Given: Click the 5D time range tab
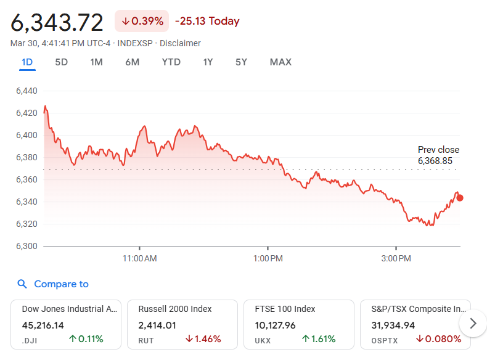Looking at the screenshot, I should click(x=61, y=62).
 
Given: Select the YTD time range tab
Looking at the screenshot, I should click(x=171, y=62).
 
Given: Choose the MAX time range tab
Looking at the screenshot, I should click(x=280, y=62).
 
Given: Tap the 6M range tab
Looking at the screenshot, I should click(x=132, y=62).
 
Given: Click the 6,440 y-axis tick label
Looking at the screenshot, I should click(x=27, y=91).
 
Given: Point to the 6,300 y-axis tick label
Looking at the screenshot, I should click(x=27, y=246).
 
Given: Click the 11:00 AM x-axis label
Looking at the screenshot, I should click(x=140, y=258).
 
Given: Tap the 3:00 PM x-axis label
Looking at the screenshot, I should click(x=396, y=258).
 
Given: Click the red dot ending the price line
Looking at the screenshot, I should click(x=459, y=198).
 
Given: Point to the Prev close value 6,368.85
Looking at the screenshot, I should click(x=438, y=160).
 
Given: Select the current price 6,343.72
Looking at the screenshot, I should click(x=57, y=22).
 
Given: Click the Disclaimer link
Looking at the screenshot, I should click(x=180, y=43).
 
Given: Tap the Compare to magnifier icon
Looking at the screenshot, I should click(x=22, y=284).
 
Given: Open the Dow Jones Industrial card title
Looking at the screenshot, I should click(x=69, y=309).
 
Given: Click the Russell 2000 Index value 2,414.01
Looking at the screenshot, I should click(x=157, y=325).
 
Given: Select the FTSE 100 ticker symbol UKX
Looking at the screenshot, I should click(x=263, y=339).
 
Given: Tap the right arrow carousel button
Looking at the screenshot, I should click(x=473, y=323).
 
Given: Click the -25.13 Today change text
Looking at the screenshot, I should click(x=207, y=21).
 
